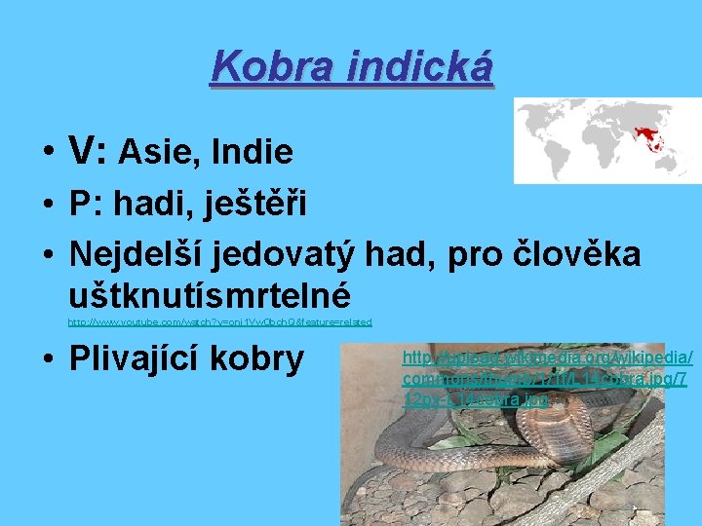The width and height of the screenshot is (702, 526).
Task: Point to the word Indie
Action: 253,152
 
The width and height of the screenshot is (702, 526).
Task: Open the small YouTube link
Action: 219,321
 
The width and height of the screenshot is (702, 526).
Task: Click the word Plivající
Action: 148,358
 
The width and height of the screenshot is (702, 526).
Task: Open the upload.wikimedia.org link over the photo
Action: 546,378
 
